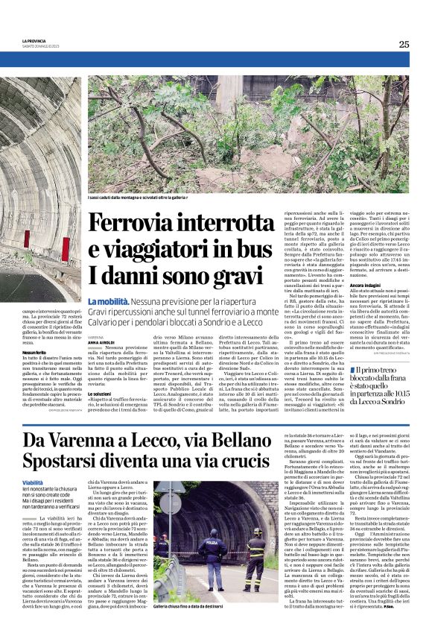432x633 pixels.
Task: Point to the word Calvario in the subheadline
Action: [x=105, y=322]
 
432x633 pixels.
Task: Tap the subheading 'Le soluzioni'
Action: [x=100, y=393]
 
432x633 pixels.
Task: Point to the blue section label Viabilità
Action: [x=33, y=484]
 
